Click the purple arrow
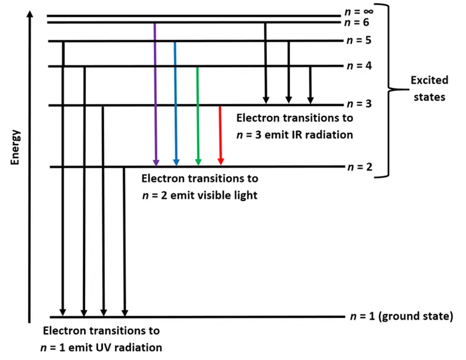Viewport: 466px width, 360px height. tap(156, 93)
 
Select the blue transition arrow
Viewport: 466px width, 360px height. tap(175, 102)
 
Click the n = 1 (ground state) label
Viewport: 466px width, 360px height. tap(401, 317)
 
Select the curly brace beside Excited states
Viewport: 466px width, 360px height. tap(391, 90)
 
